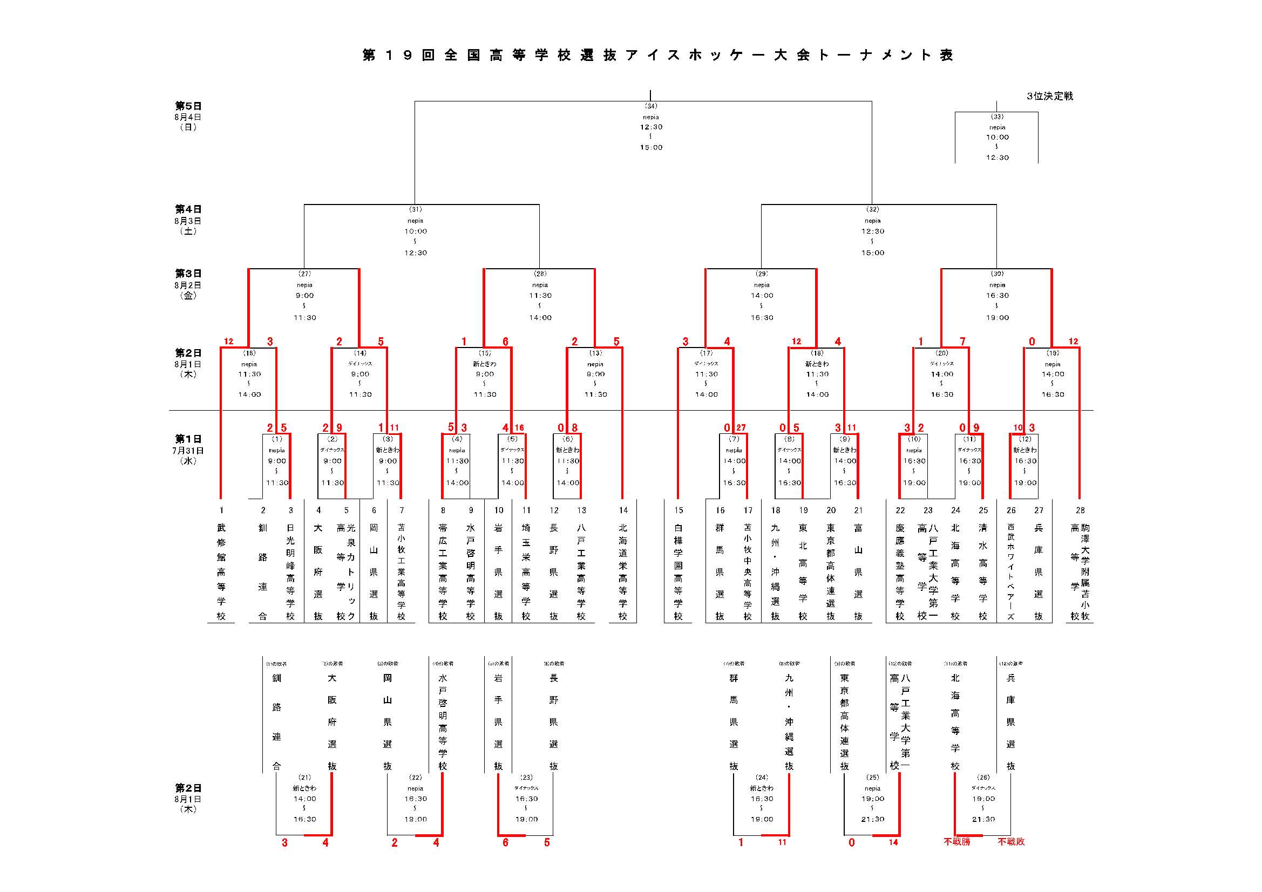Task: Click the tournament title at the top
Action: coord(657,55)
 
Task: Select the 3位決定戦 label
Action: coord(1049,96)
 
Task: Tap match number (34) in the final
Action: coord(651,106)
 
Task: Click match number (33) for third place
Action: coord(997,117)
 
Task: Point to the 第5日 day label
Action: coord(188,106)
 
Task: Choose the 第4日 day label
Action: coord(188,209)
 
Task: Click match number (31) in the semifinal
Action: coord(415,209)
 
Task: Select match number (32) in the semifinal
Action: coord(872,209)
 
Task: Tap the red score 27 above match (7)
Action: coord(741,427)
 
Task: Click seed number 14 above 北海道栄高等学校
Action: coord(623,510)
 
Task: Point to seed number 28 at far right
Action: coord(1080,510)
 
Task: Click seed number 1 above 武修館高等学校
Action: coord(221,510)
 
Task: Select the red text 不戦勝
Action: coord(957,842)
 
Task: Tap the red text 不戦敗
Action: coord(1012,842)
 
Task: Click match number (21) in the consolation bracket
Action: coord(304,777)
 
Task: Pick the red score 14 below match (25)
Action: coord(893,842)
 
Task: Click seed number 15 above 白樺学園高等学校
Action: coord(679,510)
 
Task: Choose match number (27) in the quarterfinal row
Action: coord(304,274)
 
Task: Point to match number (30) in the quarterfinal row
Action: coord(997,274)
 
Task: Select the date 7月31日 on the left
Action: coord(188,451)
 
